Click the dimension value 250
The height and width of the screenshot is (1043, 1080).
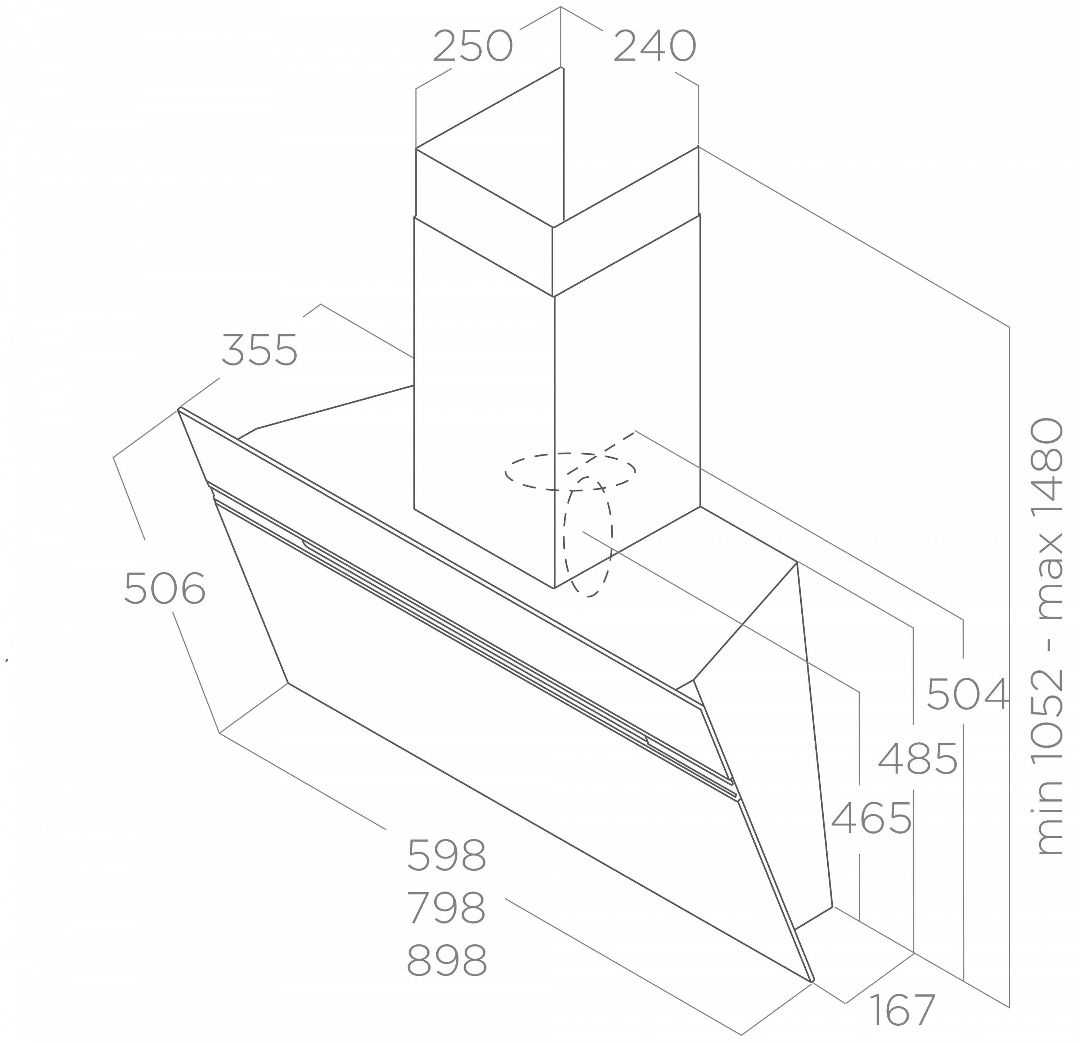coord(473,47)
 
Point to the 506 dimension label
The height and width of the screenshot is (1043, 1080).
coord(165,589)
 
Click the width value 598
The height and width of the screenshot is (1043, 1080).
coord(447,855)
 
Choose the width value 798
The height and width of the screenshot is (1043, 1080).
coord(447,907)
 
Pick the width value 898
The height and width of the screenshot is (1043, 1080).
coord(447,960)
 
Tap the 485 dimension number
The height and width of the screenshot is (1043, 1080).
coord(917,758)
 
